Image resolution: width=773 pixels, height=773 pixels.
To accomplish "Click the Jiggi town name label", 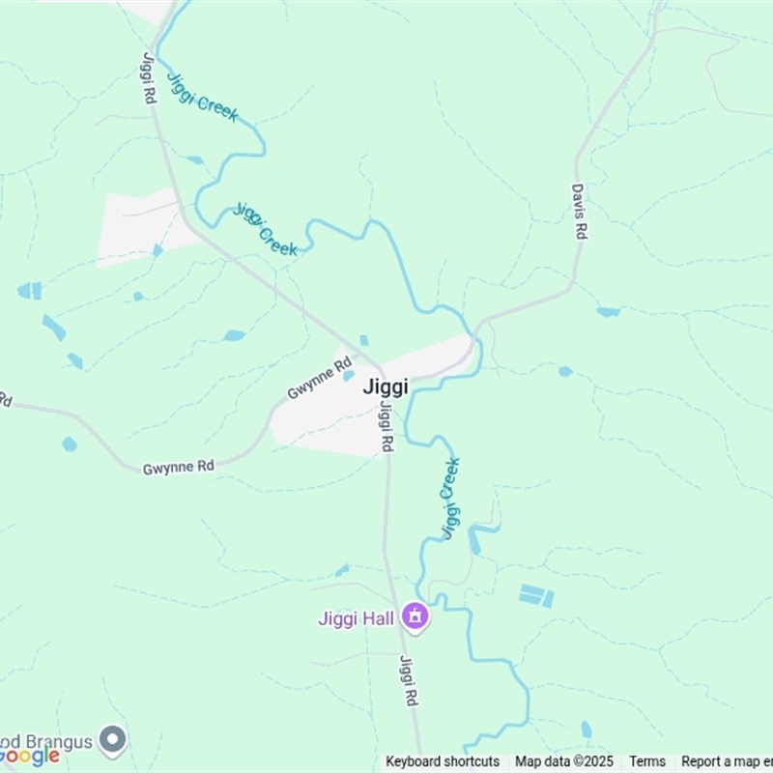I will click(x=386, y=386).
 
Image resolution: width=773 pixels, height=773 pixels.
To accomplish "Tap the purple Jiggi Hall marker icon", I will click(x=415, y=616).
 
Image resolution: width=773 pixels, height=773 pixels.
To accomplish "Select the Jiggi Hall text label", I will click(x=357, y=618).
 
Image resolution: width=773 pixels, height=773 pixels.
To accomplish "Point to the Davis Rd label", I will click(x=579, y=213).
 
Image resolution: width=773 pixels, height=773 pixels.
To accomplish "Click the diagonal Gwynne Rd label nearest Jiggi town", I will click(x=319, y=380).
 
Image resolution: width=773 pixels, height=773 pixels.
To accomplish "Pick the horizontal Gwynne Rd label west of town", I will click(x=178, y=467).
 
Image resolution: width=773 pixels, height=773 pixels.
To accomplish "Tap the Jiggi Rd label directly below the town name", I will click(x=386, y=427).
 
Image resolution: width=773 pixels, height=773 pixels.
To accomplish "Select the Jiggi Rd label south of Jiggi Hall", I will click(x=409, y=680).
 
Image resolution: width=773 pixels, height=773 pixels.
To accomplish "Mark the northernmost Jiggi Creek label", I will click(x=202, y=97).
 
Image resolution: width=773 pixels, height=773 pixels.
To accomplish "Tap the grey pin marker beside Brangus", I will click(x=113, y=741).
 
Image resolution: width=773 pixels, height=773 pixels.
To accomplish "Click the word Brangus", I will click(x=58, y=742).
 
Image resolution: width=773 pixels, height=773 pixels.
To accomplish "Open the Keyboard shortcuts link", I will click(x=443, y=761).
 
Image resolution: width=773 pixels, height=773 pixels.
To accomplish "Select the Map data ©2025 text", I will click(x=563, y=761).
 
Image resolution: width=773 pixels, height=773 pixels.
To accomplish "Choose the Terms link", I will click(x=647, y=761).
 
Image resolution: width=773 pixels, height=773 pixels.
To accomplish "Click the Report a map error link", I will click(x=727, y=761).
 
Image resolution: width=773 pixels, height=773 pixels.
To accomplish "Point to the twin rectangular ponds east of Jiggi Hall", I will click(x=536, y=596).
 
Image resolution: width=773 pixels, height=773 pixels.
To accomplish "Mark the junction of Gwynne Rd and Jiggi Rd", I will click(x=380, y=368).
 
